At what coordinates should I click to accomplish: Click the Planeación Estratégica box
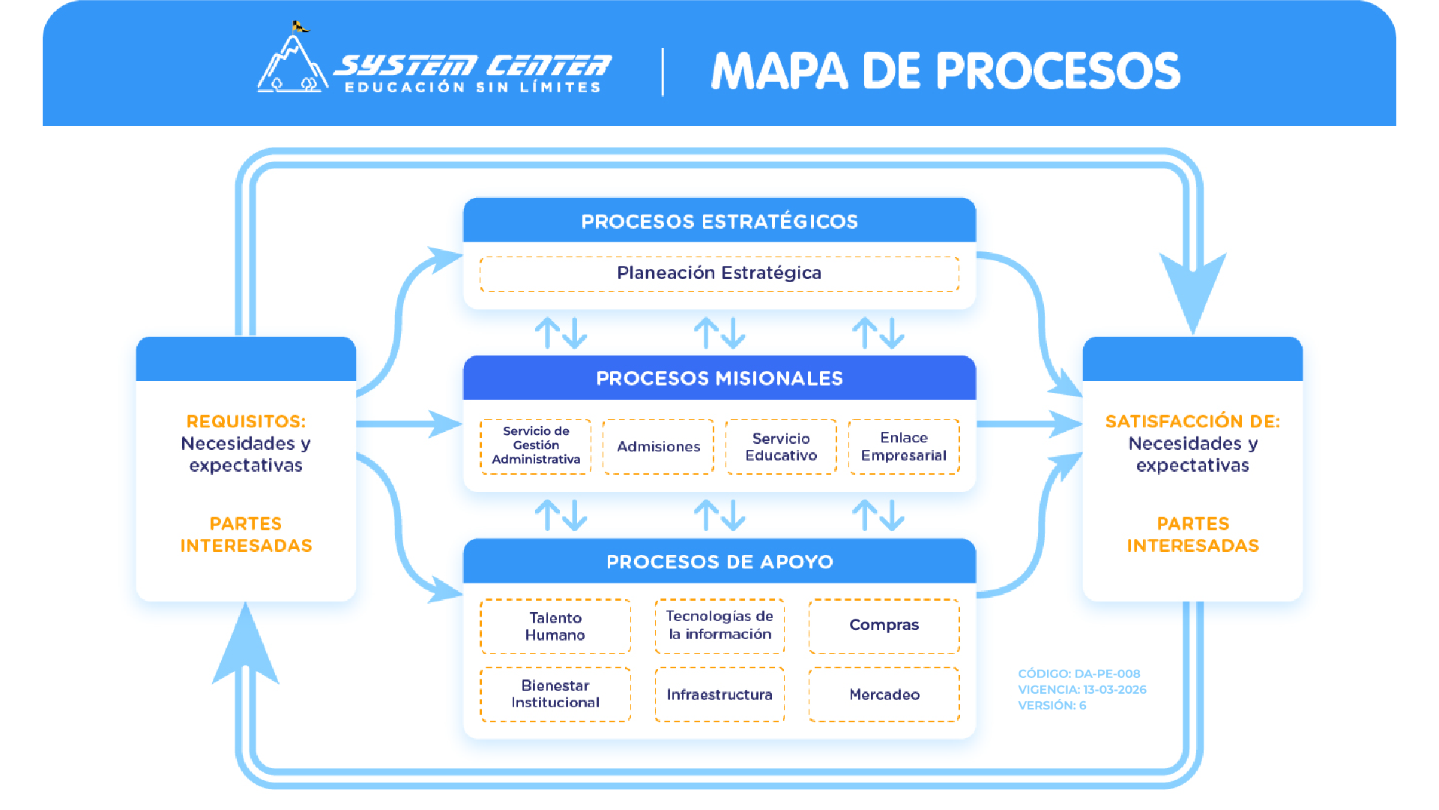pyautogui.click(x=719, y=274)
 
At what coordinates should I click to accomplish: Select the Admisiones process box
pyautogui.click(x=658, y=447)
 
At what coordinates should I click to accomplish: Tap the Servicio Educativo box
pyautogui.click(x=781, y=447)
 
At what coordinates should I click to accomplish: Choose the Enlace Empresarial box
pyautogui.click(x=904, y=447)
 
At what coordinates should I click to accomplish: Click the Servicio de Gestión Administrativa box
pyautogui.click(x=536, y=446)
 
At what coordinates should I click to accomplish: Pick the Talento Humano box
pyautogui.click(x=555, y=626)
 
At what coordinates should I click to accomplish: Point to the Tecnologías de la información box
pyautogui.click(x=719, y=625)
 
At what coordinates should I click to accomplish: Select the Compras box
pyautogui.click(x=884, y=625)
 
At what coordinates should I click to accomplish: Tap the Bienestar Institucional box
pyautogui.click(x=555, y=694)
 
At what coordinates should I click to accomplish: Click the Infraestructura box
pyautogui.click(x=719, y=694)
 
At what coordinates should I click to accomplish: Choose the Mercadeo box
pyautogui.click(x=884, y=694)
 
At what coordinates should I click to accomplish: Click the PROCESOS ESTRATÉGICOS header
pyautogui.click(x=719, y=222)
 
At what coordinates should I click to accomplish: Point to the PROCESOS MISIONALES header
pyautogui.click(x=719, y=379)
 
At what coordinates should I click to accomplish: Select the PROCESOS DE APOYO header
pyautogui.click(x=719, y=562)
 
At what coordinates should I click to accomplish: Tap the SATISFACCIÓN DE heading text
pyautogui.click(x=1192, y=421)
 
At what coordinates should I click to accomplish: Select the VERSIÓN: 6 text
pyautogui.click(x=1052, y=706)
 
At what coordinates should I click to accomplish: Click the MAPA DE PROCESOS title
pyautogui.click(x=945, y=72)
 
